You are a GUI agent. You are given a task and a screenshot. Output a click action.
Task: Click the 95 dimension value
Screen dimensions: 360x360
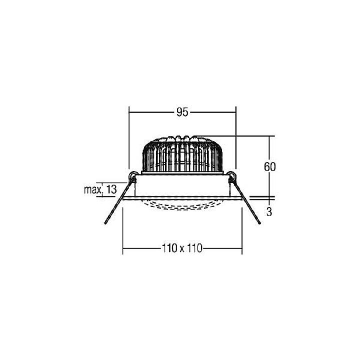coord(182,112)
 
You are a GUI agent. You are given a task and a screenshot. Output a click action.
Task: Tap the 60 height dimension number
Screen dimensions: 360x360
coord(269,167)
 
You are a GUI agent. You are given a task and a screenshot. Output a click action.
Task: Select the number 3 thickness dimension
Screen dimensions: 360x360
coord(269,211)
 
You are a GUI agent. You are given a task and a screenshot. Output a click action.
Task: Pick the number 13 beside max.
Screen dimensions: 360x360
coord(111,189)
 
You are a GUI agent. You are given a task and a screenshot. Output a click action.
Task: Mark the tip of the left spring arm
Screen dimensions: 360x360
coord(105,222)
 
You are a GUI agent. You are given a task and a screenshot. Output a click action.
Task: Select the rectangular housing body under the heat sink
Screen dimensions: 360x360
coord(182,185)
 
